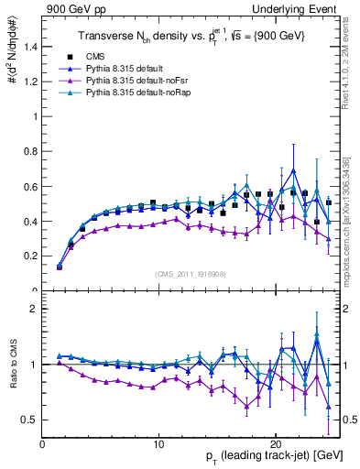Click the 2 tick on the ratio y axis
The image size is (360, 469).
(32, 309)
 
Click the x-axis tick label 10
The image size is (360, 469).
(158, 443)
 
